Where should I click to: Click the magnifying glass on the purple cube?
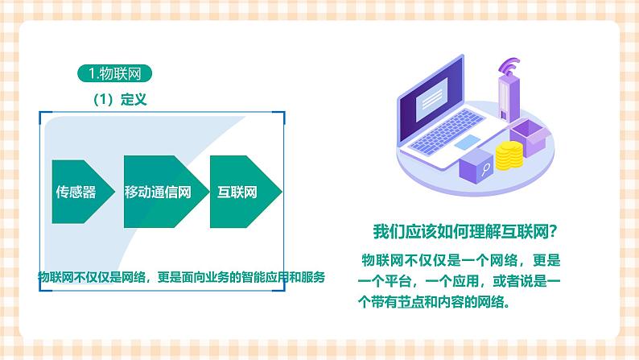486,170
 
